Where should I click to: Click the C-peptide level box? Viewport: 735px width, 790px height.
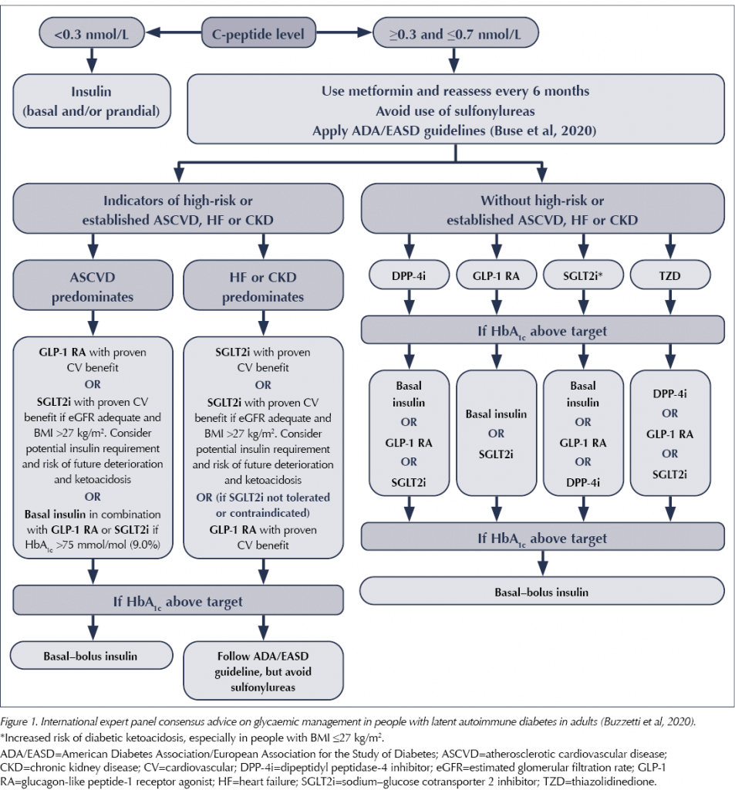[258, 33]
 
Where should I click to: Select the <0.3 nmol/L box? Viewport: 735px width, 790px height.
[92, 33]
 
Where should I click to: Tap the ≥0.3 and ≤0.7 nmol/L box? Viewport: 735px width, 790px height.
[455, 33]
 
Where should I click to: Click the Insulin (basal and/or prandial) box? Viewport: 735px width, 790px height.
[92, 101]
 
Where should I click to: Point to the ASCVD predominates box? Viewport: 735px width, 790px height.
[93, 285]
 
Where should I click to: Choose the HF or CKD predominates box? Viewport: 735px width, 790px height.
[263, 285]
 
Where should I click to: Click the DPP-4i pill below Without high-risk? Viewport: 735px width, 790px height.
[409, 275]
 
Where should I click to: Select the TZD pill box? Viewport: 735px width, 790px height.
[670, 275]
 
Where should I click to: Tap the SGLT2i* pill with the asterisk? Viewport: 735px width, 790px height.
[583, 275]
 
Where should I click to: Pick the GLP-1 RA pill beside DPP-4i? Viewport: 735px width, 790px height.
[496, 275]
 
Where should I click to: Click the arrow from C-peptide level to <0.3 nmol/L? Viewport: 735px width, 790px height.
[174, 32]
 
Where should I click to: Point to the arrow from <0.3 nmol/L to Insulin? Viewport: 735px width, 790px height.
[92, 61]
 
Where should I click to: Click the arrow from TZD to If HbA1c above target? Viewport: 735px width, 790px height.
[670, 302]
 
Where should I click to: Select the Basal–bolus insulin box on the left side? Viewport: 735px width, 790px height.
[93, 656]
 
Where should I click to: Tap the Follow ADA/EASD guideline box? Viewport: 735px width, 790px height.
[263, 670]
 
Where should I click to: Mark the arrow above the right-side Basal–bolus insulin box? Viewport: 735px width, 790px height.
[542, 563]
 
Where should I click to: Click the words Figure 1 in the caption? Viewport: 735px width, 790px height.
[19, 722]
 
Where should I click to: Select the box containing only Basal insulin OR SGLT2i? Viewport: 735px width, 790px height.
[496, 434]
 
